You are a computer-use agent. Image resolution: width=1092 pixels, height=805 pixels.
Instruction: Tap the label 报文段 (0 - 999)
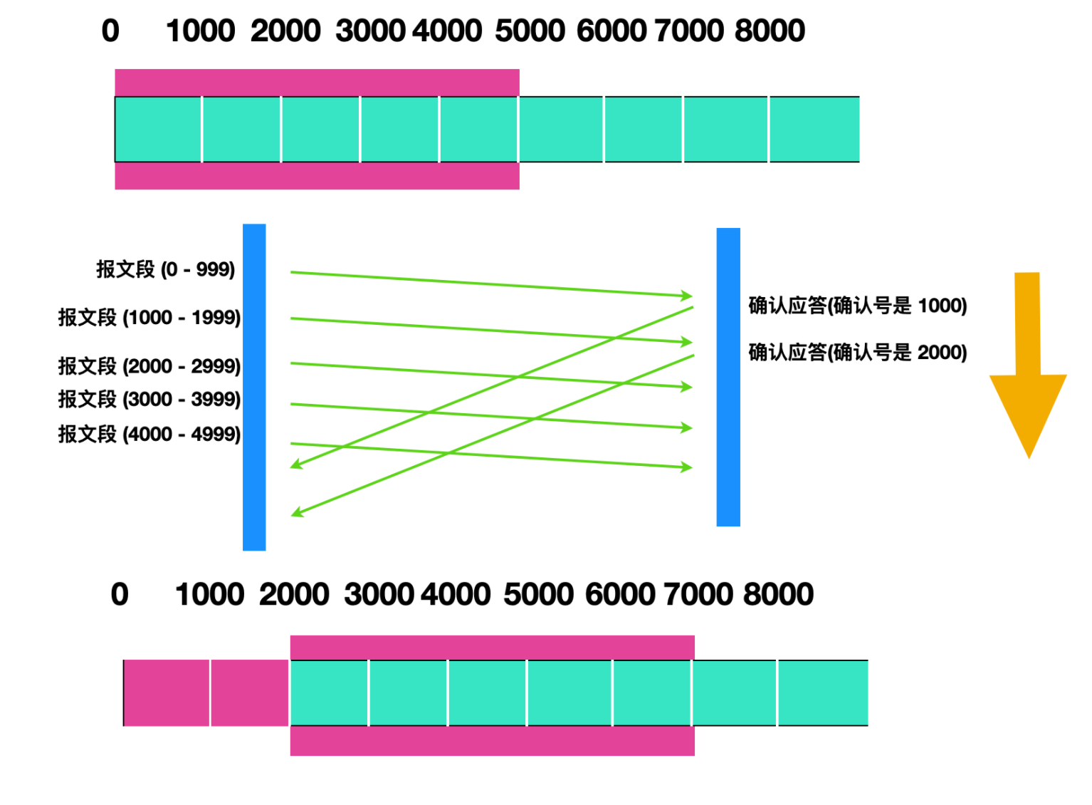coord(166,269)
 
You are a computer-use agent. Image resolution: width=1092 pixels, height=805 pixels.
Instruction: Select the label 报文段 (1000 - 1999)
coord(149,318)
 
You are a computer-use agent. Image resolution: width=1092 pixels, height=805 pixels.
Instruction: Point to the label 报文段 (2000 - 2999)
coord(149,366)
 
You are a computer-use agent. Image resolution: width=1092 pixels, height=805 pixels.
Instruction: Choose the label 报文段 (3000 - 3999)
coord(149,399)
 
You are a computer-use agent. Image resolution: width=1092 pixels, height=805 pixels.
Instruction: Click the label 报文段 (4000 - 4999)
coord(149,434)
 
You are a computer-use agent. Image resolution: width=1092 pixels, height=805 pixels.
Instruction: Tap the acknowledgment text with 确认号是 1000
coord(858,306)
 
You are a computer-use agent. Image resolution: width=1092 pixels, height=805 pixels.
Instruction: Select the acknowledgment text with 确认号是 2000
coord(858,352)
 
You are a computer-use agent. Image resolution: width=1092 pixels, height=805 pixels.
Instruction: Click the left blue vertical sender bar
coord(254,388)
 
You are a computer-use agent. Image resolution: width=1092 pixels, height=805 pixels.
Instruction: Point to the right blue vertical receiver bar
coord(728,377)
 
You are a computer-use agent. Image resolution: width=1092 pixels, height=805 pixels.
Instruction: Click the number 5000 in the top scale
coord(530,31)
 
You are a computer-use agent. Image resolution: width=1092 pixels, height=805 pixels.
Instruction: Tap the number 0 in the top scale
coord(110,31)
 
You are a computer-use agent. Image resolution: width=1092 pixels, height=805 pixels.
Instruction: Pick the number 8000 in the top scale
coord(770,31)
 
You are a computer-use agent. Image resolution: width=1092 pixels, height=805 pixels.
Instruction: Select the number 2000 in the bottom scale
coord(294,594)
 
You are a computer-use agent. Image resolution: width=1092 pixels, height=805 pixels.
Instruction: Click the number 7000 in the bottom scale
coord(698,594)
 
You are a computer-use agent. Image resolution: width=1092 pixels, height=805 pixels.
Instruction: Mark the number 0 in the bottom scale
coord(120,594)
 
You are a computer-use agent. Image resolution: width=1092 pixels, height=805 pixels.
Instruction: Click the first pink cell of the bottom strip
coord(167,692)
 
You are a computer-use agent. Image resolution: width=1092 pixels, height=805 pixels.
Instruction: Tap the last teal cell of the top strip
coord(814,129)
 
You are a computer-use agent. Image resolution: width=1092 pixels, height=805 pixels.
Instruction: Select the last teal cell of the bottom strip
coord(824,692)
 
